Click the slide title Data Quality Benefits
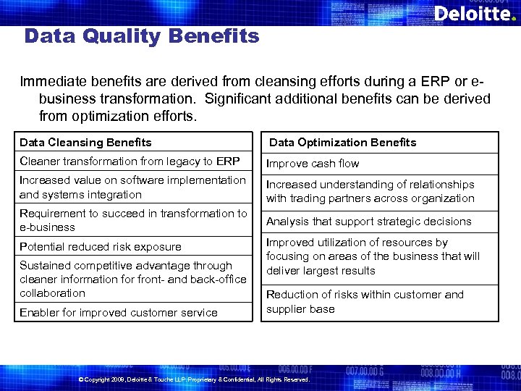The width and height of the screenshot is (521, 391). (x=141, y=36)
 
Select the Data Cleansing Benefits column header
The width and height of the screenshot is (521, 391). (x=85, y=142)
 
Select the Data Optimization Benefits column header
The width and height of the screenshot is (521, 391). (x=342, y=142)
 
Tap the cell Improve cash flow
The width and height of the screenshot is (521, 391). (x=313, y=164)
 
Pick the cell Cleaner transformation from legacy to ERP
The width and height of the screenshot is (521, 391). (x=130, y=161)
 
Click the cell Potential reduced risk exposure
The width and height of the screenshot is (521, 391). (x=101, y=247)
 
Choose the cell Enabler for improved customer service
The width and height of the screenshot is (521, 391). (x=119, y=313)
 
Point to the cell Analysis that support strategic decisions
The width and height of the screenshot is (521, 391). (x=368, y=222)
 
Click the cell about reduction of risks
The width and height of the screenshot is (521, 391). (x=365, y=302)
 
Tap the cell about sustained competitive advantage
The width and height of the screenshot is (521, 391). (x=133, y=279)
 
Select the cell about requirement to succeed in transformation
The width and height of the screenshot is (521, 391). (x=133, y=220)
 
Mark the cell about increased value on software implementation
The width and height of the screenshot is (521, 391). (x=132, y=187)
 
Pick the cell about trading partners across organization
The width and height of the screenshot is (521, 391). (x=370, y=191)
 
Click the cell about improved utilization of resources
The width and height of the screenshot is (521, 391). (x=372, y=256)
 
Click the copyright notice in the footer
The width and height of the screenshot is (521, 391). (x=193, y=379)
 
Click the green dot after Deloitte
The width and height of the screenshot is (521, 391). (x=514, y=19)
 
